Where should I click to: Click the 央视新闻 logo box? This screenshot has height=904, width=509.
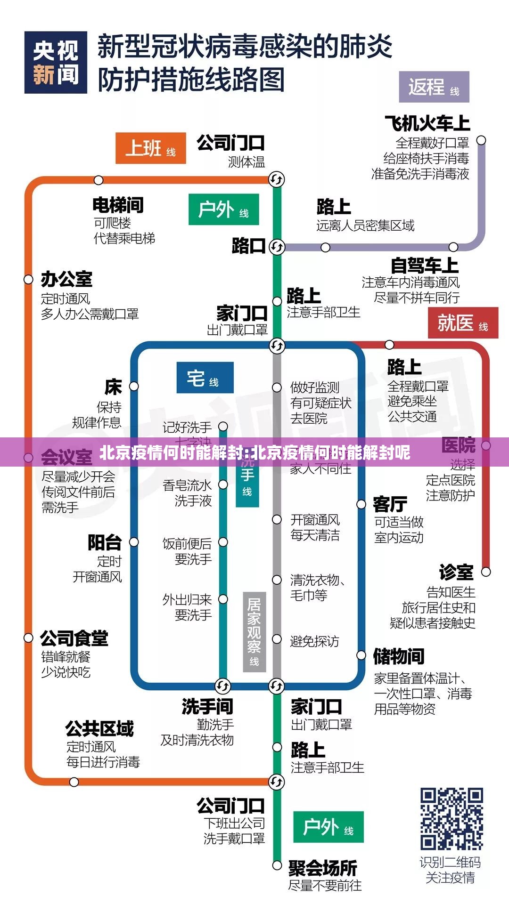point(56,63)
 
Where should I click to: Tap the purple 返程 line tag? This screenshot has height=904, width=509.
point(434,87)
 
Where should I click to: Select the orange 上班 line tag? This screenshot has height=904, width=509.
point(150,148)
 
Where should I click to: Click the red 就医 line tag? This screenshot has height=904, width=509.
point(462,323)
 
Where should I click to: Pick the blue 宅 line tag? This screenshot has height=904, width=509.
point(205,378)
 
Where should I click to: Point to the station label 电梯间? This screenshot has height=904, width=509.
point(118,205)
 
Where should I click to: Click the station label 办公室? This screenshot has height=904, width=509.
point(66,279)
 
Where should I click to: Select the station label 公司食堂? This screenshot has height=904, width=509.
point(74,638)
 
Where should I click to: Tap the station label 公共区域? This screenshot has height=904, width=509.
point(99,728)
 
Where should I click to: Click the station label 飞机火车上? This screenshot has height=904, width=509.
point(427,123)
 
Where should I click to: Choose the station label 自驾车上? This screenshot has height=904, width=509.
point(424,266)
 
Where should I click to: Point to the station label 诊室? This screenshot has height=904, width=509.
point(456,572)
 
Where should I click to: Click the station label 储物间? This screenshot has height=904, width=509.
point(399,656)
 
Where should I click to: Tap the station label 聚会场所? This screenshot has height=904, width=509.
point(323,868)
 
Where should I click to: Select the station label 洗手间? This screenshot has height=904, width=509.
point(207,706)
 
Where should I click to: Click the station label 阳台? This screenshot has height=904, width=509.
point(105,542)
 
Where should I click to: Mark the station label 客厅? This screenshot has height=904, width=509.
point(390,504)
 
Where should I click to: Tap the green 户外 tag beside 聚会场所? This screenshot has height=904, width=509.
point(328,827)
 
